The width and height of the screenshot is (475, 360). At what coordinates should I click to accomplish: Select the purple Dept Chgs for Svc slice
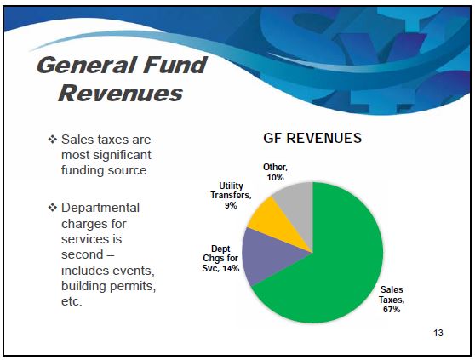[x=270, y=254]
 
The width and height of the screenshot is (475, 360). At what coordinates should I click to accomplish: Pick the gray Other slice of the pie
[x=299, y=206]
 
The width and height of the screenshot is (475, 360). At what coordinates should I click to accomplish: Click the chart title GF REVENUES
[x=312, y=138]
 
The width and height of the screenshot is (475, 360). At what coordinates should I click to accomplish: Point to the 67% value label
[x=392, y=310]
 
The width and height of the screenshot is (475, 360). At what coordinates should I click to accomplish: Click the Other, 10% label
[x=275, y=172]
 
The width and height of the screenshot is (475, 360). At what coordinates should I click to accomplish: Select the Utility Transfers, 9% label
[x=231, y=195]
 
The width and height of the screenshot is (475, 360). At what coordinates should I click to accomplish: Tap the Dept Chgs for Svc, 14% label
[x=220, y=259]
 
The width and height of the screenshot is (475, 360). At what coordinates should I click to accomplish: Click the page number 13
[x=438, y=333]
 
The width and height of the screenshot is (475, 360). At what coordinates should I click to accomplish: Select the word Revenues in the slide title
[x=121, y=93]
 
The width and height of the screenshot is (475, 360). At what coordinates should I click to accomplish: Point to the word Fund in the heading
[x=175, y=65]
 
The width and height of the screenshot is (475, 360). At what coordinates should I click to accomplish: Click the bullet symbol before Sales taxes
[x=53, y=140]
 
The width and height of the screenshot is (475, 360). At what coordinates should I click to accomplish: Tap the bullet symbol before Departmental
[x=53, y=208]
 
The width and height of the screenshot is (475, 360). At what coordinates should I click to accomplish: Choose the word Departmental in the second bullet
[x=100, y=208]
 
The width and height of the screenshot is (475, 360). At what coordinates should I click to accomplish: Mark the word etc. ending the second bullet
[x=72, y=301]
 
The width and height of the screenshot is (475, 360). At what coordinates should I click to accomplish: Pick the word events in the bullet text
[x=133, y=271]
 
